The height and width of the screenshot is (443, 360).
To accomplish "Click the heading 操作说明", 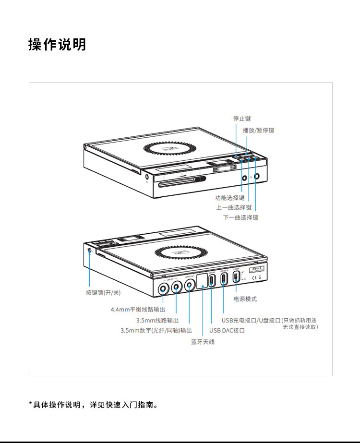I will coord(57,44).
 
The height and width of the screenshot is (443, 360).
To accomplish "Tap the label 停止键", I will coord(242,118).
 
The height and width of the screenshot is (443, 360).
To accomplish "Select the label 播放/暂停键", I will coord(258,130).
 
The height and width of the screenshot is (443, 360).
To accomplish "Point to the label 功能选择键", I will coord(229,198).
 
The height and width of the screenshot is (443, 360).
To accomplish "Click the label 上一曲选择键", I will coord(234,207).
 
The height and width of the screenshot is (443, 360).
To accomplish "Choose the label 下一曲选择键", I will coord(240,217).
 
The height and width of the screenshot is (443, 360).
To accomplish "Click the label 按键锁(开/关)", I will coord(103,292).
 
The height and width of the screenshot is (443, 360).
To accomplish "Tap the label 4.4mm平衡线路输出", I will coord(138,310).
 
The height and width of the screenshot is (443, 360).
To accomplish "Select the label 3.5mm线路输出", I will coord(157,320).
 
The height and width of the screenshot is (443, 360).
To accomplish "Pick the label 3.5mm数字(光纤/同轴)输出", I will coord(156,330).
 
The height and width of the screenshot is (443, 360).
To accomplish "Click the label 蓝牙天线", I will coord(203,342).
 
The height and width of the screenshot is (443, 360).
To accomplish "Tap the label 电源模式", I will coord(245,299).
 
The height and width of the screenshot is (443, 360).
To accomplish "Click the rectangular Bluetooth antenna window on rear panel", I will coord(202,280).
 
